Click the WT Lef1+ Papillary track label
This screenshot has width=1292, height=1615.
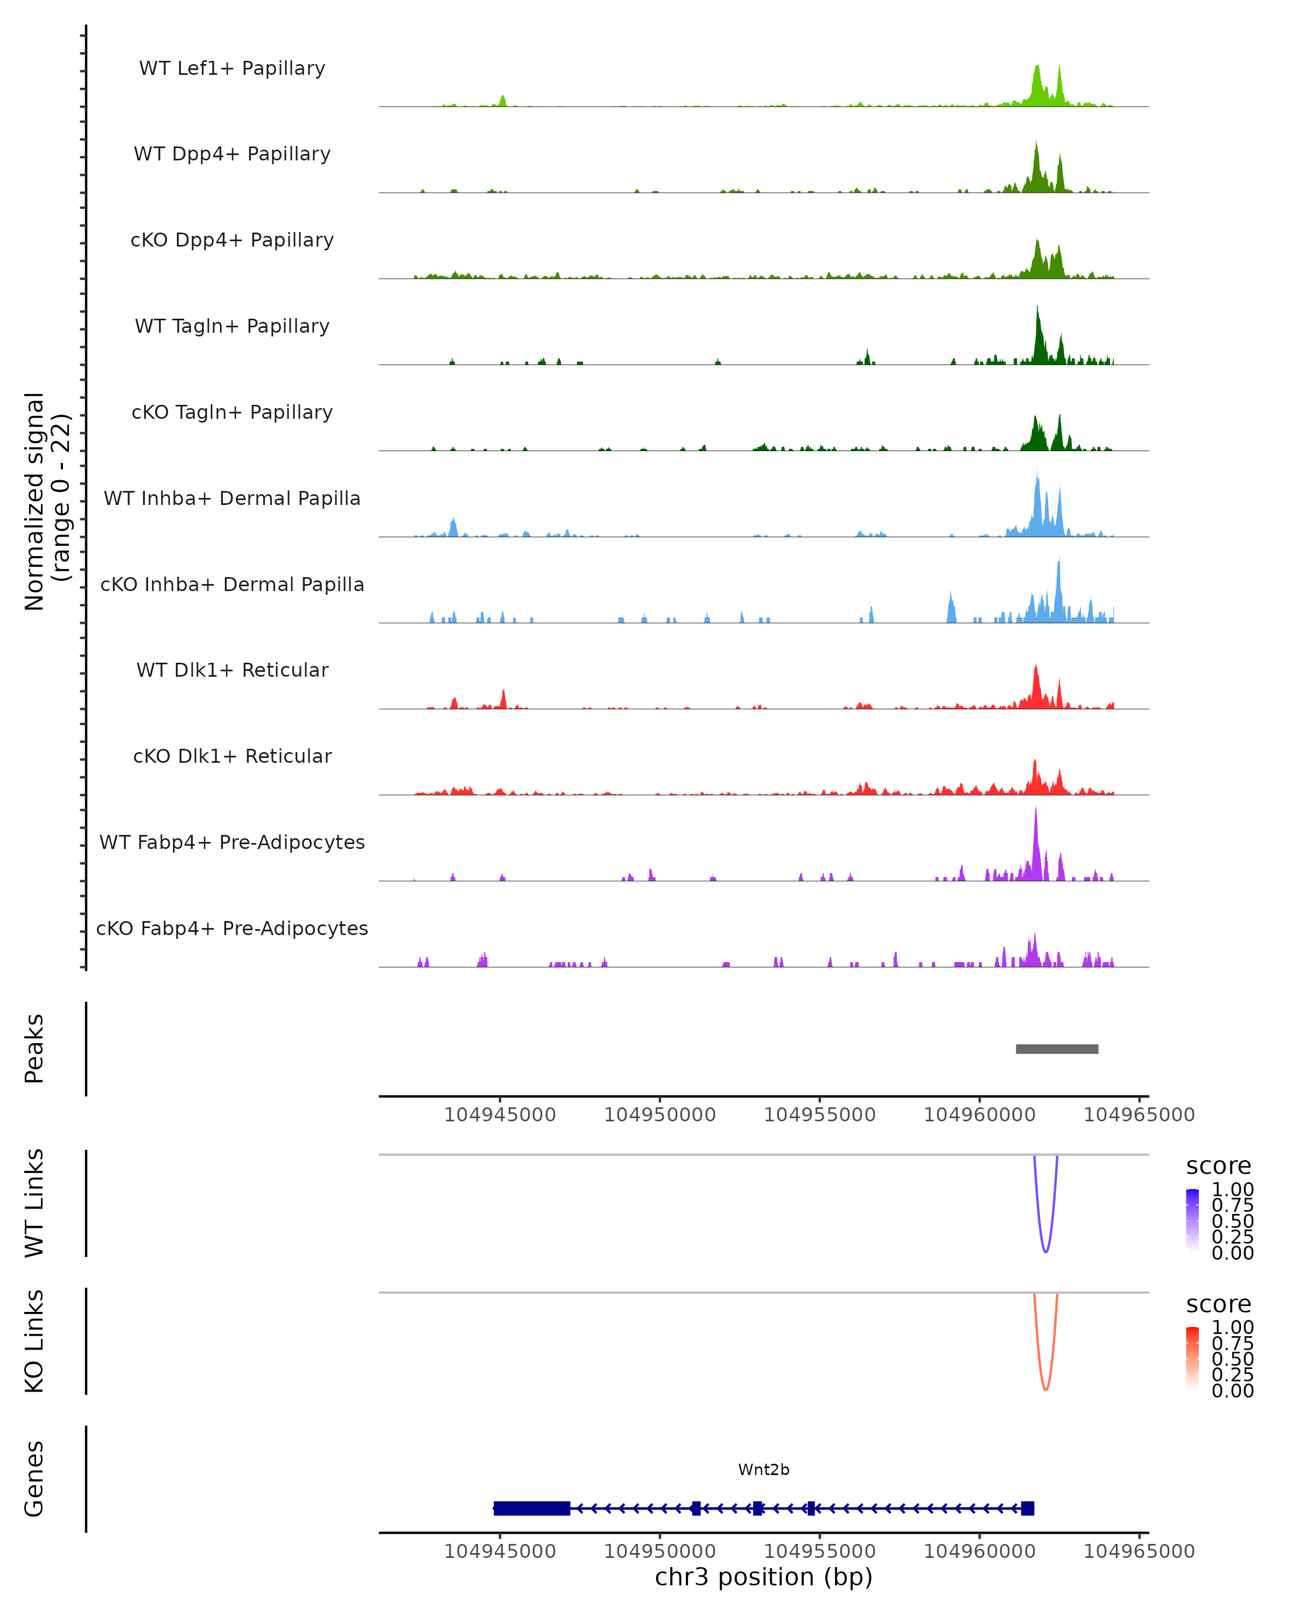click(x=232, y=68)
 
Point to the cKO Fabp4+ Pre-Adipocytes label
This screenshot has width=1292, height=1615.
click(x=232, y=928)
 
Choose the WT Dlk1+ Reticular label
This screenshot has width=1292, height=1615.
click(x=232, y=670)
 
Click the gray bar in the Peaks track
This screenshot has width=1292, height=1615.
click(x=1056, y=1049)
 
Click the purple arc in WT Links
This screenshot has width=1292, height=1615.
click(x=1045, y=1249)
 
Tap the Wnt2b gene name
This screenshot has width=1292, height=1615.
click(x=763, y=1470)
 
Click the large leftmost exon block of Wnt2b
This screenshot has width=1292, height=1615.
click(x=532, y=1508)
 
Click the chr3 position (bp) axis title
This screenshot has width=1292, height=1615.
click(x=763, y=1577)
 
